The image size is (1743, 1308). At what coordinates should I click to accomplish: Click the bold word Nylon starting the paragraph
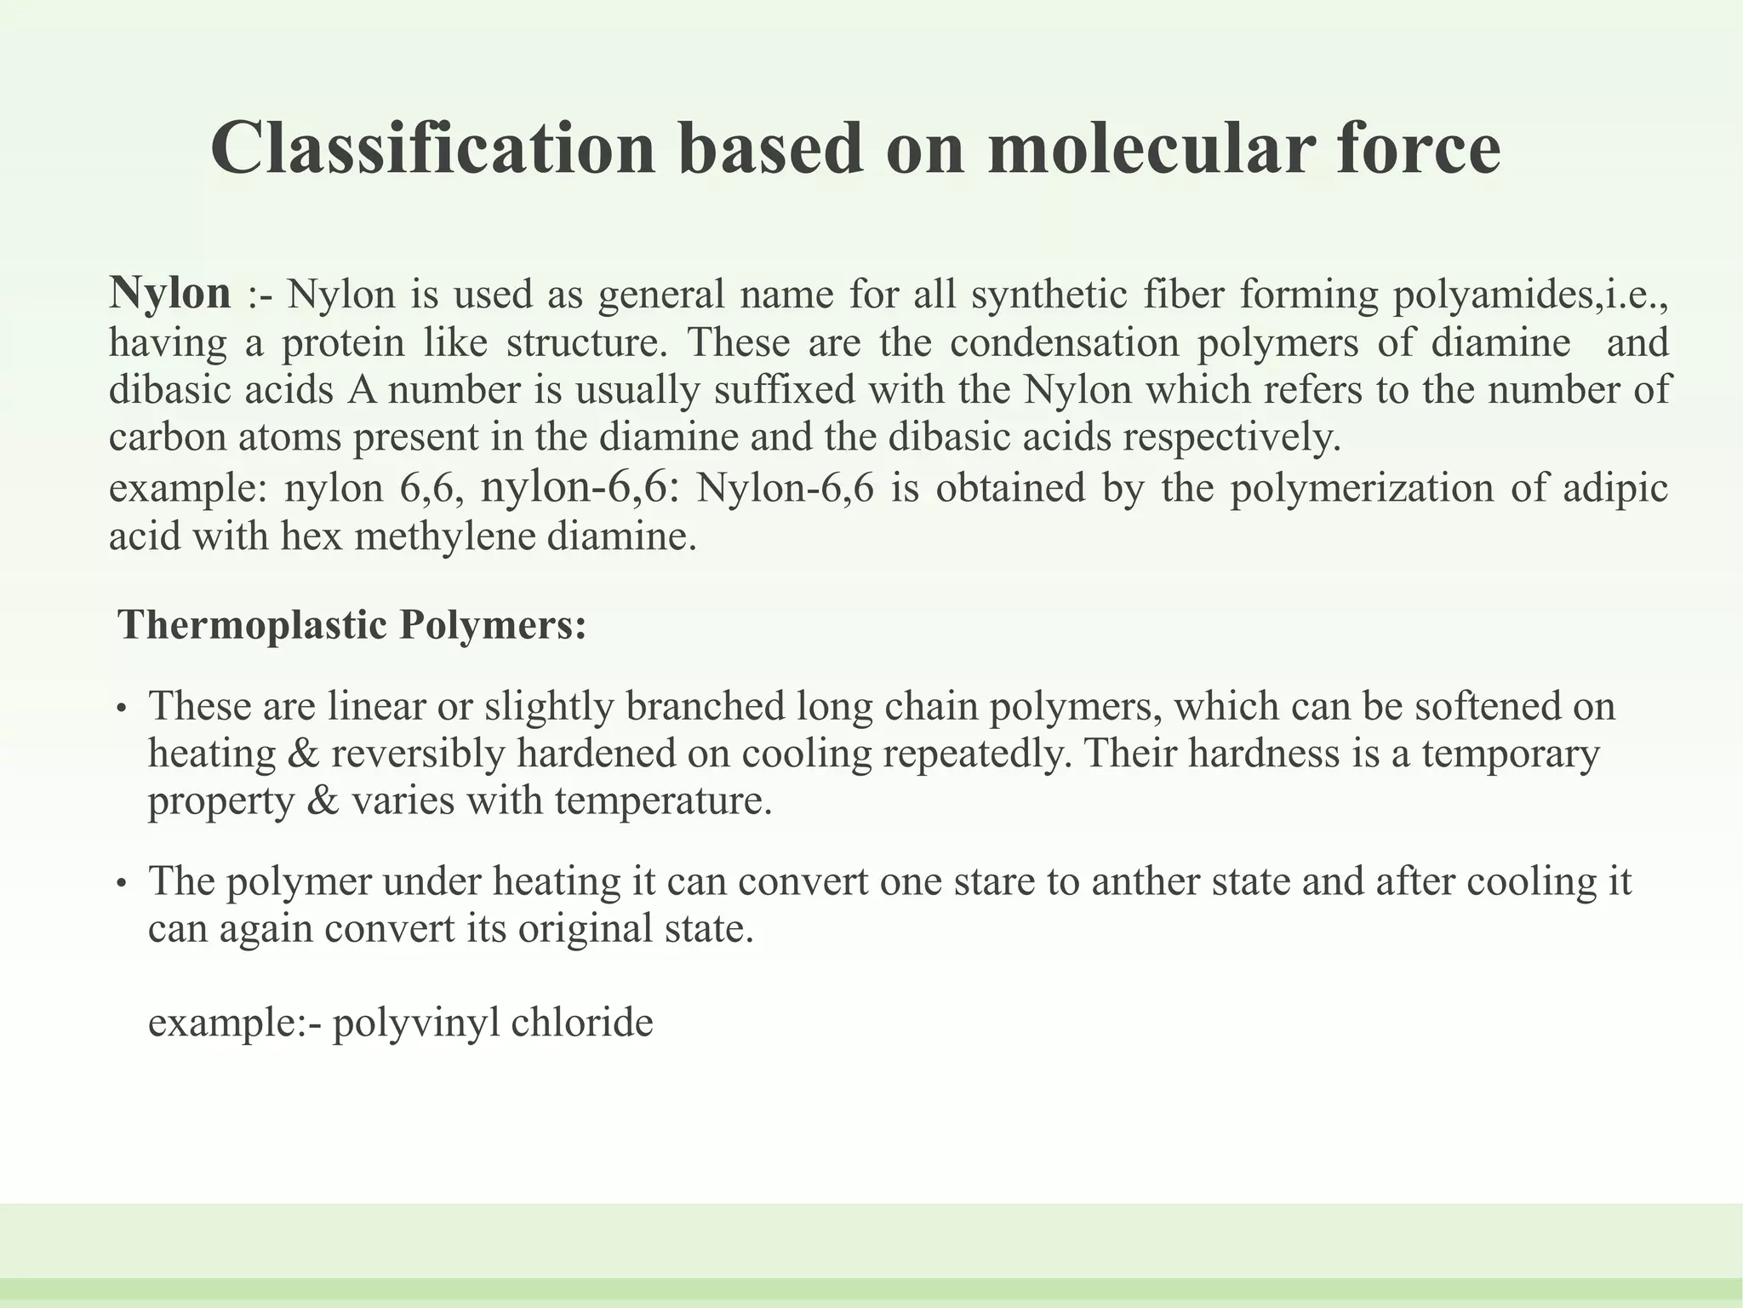[170, 294]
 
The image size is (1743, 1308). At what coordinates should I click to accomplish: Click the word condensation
[1065, 342]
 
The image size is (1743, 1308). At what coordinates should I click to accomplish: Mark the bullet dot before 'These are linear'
[122, 709]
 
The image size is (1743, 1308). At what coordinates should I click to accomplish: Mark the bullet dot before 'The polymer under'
[122, 884]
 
